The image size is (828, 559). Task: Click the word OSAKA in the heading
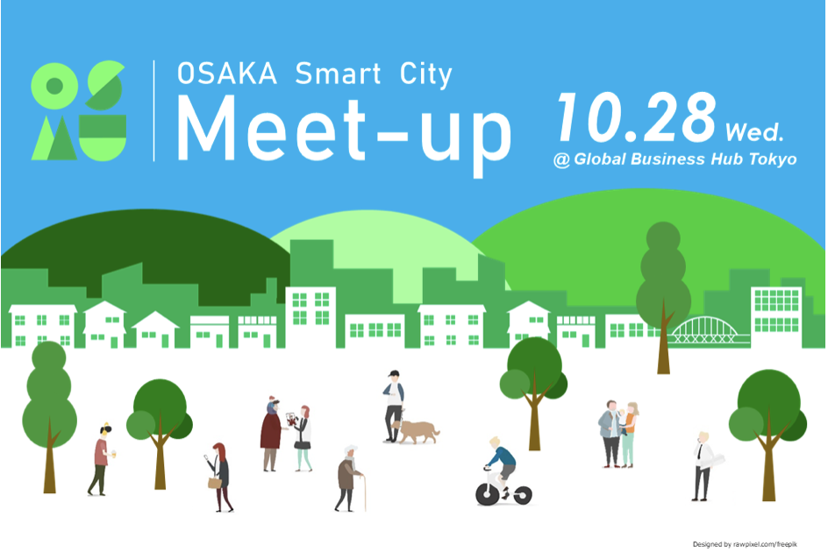point(227,74)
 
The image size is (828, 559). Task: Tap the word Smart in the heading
point(338,74)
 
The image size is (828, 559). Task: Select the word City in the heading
point(425,74)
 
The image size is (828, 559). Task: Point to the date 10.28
point(637,117)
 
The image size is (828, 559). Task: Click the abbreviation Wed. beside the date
point(754,131)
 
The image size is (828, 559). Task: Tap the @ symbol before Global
point(562,159)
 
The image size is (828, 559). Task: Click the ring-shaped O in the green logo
point(54,86)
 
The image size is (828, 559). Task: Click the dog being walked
point(417,431)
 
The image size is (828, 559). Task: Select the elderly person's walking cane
point(364,492)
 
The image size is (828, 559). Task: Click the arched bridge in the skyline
point(705,330)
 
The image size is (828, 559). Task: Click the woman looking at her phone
point(220,478)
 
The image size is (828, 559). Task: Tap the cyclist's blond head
point(495,442)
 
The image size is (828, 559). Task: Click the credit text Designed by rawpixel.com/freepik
point(745,544)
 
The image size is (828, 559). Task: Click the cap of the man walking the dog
point(393,373)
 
